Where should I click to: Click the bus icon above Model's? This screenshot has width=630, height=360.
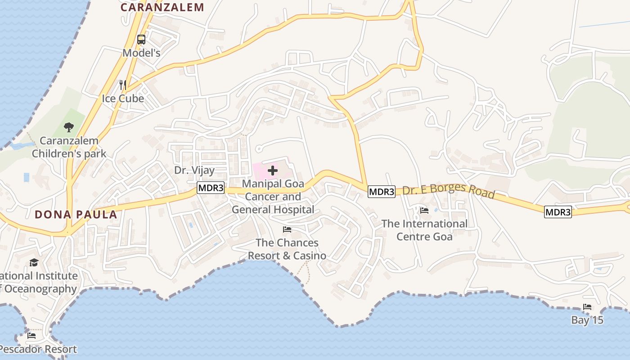pos(141,40)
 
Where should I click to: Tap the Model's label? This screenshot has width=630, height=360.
pos(141,53)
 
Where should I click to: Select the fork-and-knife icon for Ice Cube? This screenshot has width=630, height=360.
pos(122,84)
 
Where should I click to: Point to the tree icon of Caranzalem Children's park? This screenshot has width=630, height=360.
pos(68,127)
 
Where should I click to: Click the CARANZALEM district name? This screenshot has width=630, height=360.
pos(162,7)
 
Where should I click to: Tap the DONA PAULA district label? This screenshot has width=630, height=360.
pos(76,215)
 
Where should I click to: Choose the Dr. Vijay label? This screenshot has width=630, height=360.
pos(194,170)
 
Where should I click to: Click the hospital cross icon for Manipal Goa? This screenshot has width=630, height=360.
pos(272,171)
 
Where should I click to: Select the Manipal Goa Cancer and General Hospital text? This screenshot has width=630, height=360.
pos(273,197)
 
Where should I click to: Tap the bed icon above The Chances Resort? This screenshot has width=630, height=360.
pos(287,229)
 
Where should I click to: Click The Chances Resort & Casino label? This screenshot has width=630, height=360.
pos(287,249)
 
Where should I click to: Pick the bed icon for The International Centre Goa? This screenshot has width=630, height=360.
pos(424,210)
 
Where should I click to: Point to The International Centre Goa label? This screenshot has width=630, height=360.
pos(424,230)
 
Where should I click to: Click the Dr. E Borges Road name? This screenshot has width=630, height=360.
pos(449,191)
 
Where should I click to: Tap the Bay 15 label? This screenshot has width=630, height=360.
pos(587,320)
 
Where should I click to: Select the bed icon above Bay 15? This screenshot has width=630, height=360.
pos(587,307)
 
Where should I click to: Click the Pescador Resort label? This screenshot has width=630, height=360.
pos(38,349)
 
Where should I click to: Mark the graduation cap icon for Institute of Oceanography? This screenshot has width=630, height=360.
pos(34,263)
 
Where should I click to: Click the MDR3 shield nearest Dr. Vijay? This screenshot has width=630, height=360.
pos(210,188)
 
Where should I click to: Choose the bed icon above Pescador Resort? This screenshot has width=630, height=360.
pos(31,336)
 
